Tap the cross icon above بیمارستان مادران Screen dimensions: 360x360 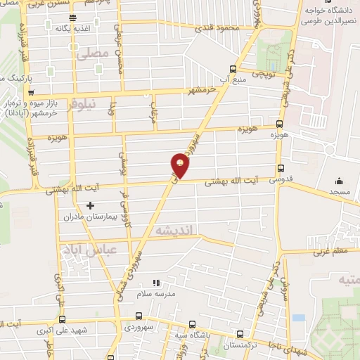(89, 205)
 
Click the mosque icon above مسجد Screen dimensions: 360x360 (340, 179)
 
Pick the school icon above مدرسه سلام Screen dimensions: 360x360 (156, 283)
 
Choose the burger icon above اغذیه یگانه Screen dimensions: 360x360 (74, 18)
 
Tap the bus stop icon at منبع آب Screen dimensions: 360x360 (233, 68)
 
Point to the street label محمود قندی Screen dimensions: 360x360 (217, 28)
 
